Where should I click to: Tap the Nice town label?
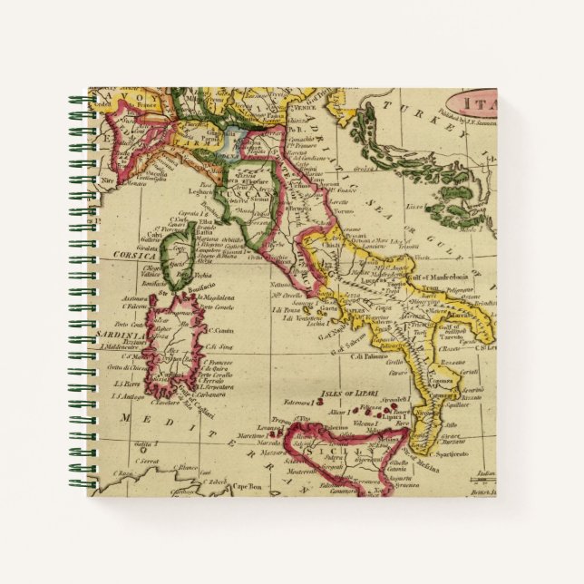109,180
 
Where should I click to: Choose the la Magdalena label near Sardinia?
200,297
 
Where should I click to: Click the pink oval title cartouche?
481,101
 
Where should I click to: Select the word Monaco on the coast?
136,184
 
